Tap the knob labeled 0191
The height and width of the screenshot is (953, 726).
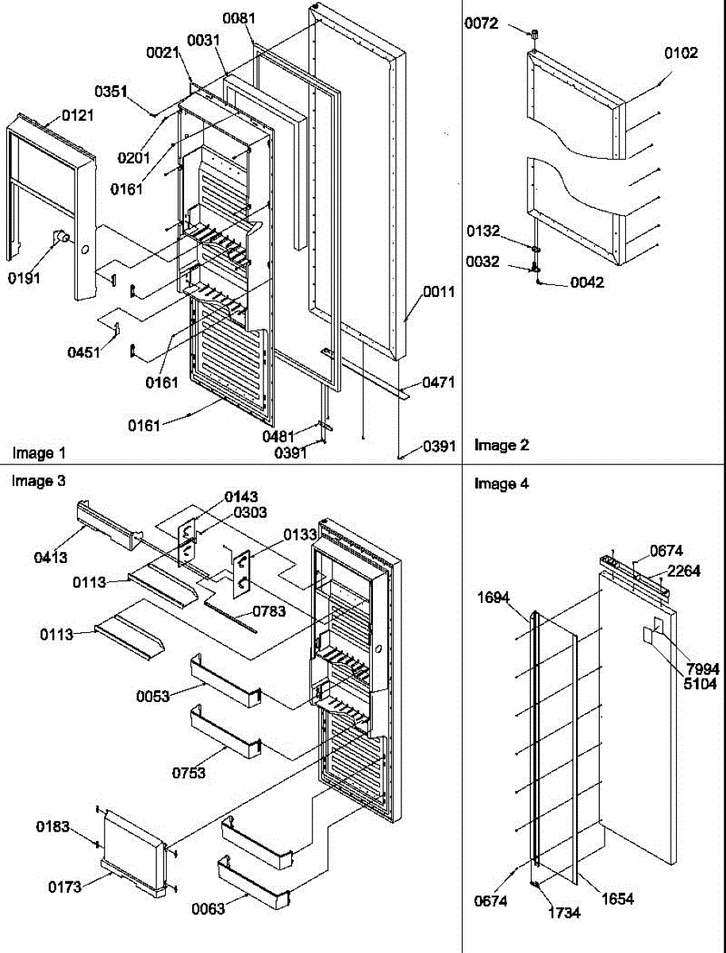click(60, 237)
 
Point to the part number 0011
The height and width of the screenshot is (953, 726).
click(438, 291)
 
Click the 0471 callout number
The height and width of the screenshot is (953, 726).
click(438, 383)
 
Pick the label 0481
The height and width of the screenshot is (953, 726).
click(280, 435)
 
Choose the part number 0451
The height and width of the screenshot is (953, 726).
click(83, 352)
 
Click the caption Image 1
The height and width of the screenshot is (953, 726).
click(39, 453)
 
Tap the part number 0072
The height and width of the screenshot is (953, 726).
click(482, 24)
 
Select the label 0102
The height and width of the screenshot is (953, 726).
click(681, 53)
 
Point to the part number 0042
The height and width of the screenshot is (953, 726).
click(587, 282)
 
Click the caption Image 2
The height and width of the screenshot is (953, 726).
click(501, 446)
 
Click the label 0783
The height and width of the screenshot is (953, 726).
click(271, 612)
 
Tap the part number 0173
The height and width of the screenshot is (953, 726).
click(64, 887)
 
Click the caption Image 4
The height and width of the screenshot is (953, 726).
click(501, 484)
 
